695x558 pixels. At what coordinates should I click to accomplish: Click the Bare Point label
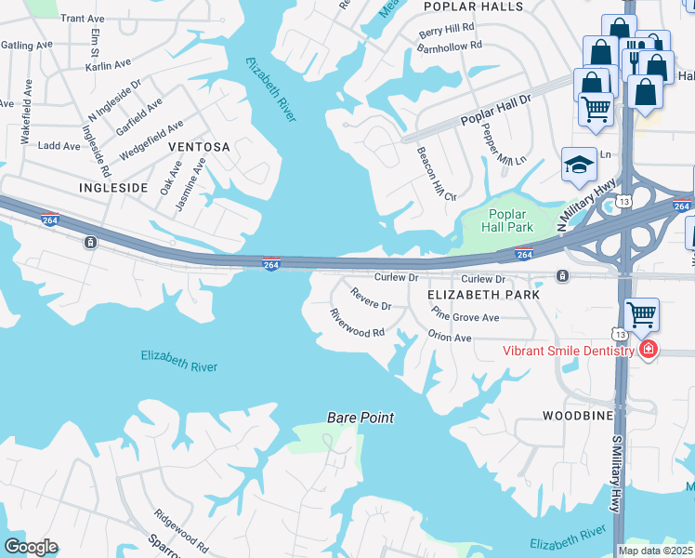click(361, 418)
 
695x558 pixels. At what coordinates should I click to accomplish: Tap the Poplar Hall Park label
click(508, 219)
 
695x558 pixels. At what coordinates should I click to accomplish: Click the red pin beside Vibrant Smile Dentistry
click(648, 351)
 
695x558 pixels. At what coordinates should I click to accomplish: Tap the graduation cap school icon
click(579, 166)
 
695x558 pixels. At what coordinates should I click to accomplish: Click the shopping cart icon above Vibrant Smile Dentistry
click(642, 315)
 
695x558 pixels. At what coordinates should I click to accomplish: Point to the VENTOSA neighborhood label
click(199, 147)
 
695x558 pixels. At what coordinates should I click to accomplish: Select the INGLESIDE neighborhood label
click(113, 187)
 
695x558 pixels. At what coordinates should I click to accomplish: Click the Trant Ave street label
click(83, 18)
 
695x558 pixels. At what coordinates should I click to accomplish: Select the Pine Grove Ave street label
click(466, 317)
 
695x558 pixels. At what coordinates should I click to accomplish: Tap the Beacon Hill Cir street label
click(436, 174)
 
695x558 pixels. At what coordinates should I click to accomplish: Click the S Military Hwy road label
click(615, 475)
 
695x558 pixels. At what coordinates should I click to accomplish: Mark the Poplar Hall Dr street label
click(497, 109)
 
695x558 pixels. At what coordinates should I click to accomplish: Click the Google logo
click(31, 547)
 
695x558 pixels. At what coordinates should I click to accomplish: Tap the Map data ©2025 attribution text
click(653, 551)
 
